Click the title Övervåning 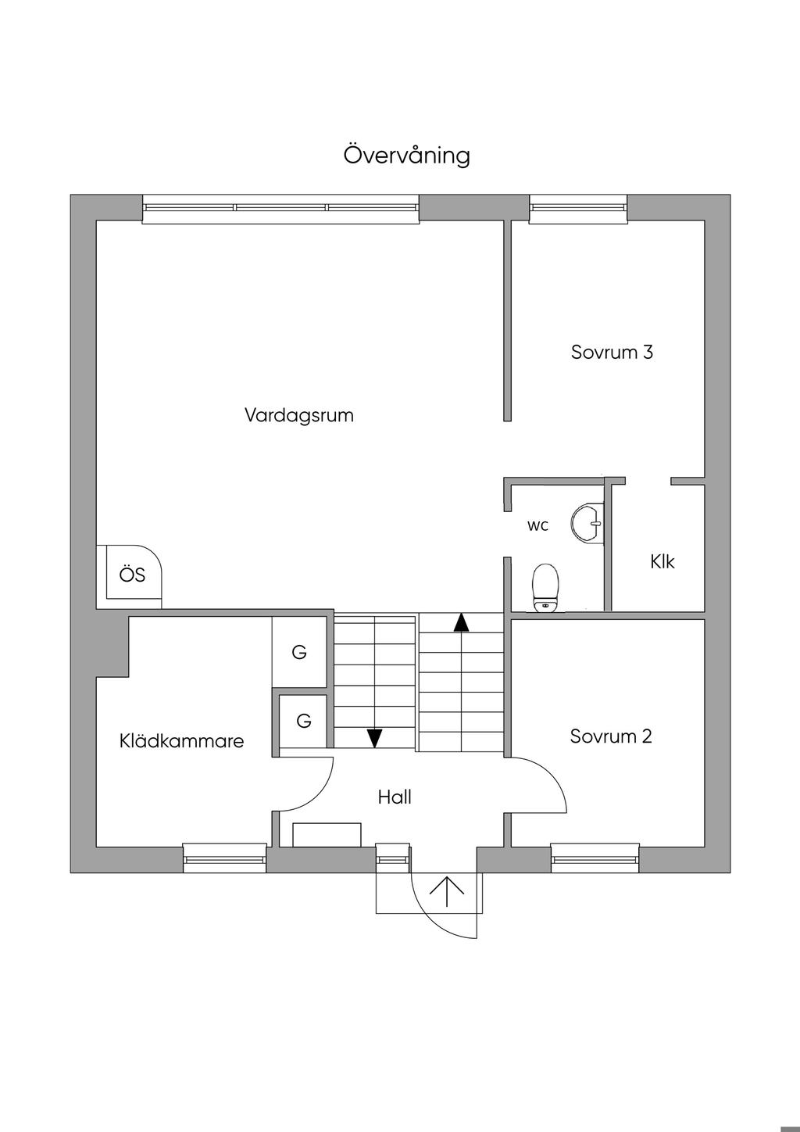tap(406, 155)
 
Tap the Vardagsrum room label tap(298, 415)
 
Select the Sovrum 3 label tap(611, 352)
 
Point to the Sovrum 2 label tap(610, 736)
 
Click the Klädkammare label tap(181, 741)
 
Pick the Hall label tap(395, 797)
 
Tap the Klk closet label tap(662, 561)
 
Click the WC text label tap(537, 526)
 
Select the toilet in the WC tap(545, 587)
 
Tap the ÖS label tap(132, 575)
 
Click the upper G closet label tap(299, 652)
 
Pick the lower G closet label tap(304, 720)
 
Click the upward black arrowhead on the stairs tap(461, 622)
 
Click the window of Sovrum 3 tap(578, 207)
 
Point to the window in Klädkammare tap(225, 858)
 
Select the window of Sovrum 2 tap(595, 858)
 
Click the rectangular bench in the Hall tap(327, 834)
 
